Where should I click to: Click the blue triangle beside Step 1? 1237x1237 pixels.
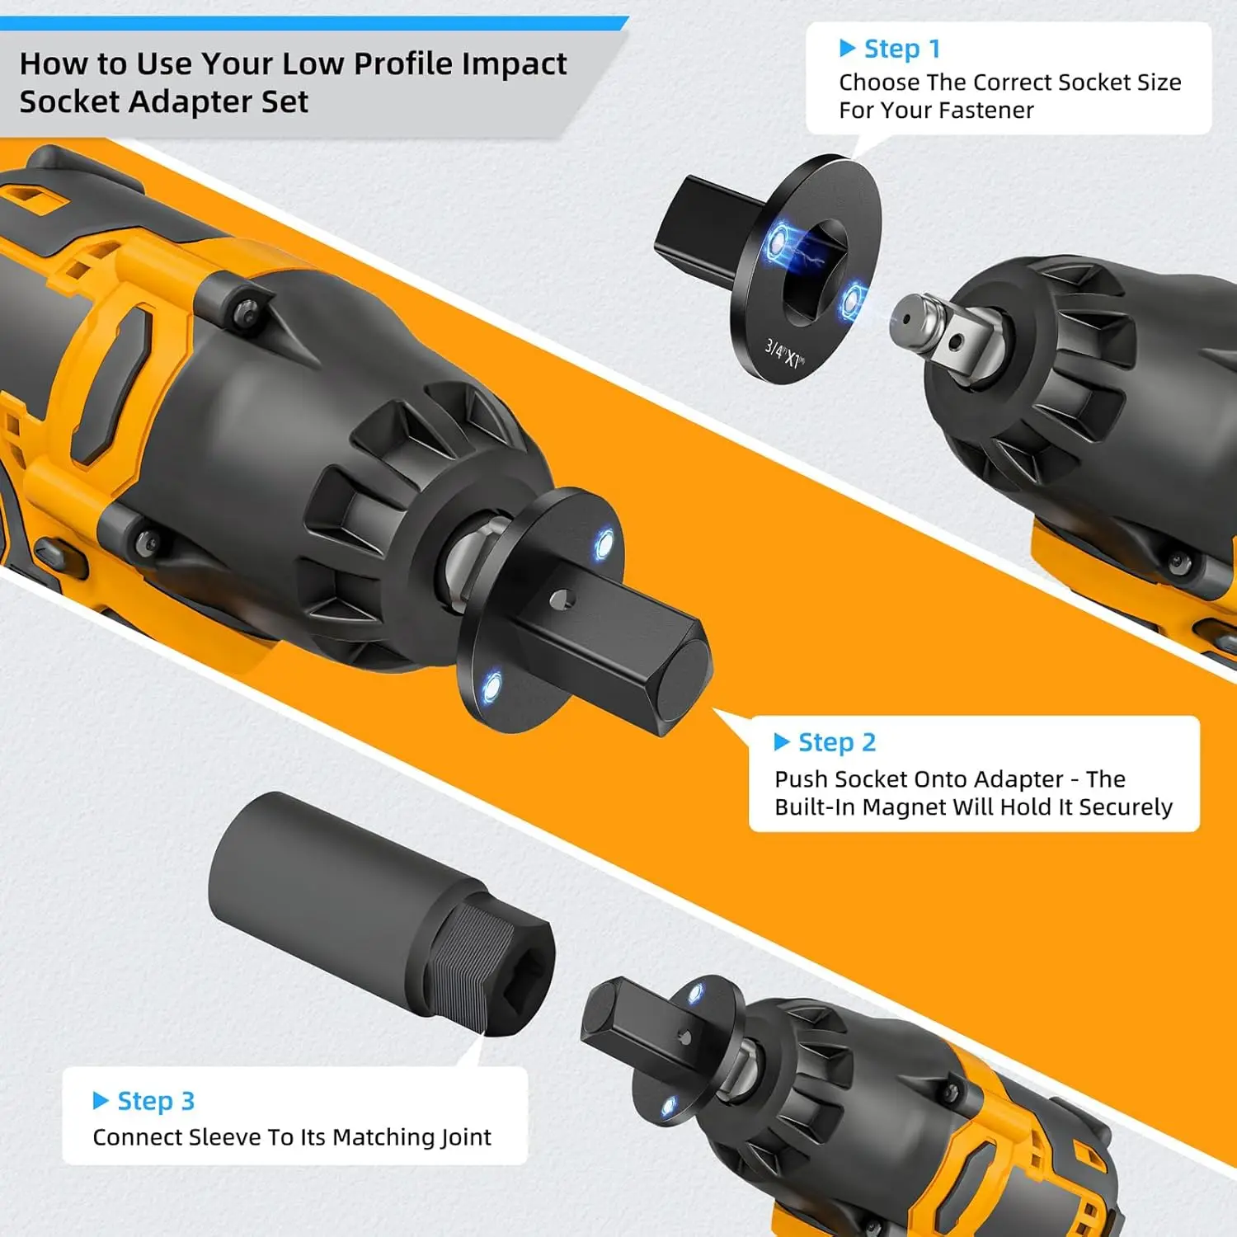pos(847,49)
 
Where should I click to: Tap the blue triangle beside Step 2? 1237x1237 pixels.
pos(781,742)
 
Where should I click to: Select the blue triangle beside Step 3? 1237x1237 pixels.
pos(101,1100)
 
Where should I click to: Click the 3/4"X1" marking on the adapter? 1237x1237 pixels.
pos(783,354)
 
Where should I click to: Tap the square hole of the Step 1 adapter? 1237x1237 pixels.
pos(812,272)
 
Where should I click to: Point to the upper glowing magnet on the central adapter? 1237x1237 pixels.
pos(604,543)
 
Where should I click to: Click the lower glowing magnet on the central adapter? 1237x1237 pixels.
pos(492,685)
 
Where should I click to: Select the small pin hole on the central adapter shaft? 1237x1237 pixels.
pos(561,598)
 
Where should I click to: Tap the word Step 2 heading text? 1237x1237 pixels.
pos(836,742)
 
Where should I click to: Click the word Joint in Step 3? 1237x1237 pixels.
pos(466,1137)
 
